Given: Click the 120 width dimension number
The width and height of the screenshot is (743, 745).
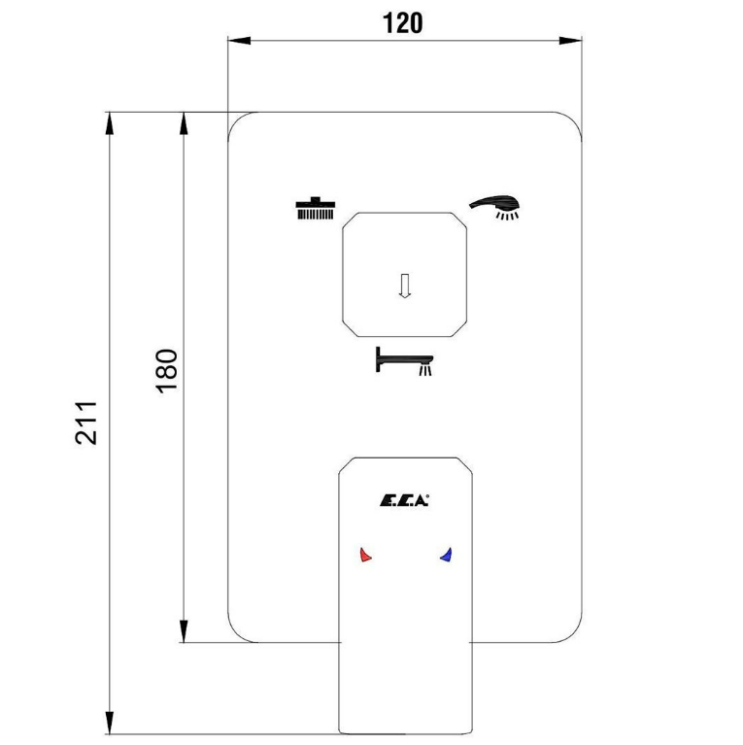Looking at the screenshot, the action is [402, 22].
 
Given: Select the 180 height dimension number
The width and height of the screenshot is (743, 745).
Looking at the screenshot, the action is [167, 371].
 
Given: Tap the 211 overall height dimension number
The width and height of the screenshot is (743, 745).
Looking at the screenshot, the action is [86, 423].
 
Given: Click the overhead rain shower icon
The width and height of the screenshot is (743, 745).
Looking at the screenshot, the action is [316, 208].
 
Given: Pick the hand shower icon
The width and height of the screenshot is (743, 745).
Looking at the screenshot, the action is [494, 207].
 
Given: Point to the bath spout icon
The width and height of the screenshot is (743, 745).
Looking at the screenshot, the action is [404, 361].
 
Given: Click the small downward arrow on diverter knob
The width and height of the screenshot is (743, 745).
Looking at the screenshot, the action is [404, 286].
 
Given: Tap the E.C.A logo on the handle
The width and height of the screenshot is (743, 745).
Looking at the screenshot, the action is [404, 501].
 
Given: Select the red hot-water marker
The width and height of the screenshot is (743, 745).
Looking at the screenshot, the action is [365, 555].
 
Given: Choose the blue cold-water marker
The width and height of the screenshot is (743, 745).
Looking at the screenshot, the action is [446, 555].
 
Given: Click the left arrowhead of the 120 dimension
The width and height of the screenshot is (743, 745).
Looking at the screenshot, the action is [239, 41].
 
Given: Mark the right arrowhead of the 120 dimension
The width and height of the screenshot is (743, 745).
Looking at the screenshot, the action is [570, 41].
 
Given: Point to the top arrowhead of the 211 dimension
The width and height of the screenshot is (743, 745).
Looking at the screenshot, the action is [110, 123].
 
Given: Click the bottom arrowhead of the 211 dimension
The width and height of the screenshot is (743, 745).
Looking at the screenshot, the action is [110, 723].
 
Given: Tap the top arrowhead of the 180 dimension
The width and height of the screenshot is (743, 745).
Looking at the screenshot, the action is [184, 123].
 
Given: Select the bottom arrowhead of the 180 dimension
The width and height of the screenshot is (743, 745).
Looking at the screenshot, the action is [184, 631].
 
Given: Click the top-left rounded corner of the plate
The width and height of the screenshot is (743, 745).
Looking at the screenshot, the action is [237, 120].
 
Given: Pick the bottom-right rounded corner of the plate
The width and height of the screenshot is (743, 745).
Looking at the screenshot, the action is [573, 634].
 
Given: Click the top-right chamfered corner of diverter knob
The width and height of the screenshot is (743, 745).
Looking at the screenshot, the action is [458, 220].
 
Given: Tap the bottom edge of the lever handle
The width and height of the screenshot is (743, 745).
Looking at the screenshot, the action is [405, 734].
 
